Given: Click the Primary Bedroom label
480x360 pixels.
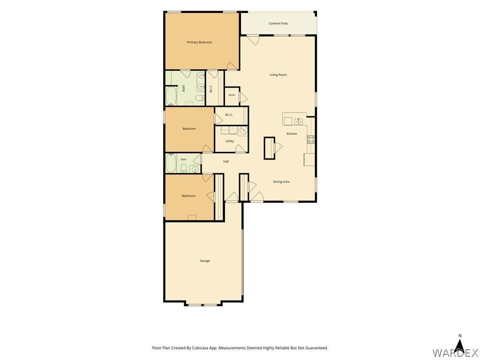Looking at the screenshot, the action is [199, 42].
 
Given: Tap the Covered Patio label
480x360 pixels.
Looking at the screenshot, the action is [278, 23].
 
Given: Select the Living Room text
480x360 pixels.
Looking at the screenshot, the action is [278, 75].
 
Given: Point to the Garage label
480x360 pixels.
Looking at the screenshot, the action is [205, 261].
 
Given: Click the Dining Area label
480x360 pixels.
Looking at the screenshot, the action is [281, 182].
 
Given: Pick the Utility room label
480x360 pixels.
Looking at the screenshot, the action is [230, 141].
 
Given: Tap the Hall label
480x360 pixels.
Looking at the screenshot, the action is [226, 161].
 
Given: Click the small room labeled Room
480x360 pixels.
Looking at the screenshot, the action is [232, 96].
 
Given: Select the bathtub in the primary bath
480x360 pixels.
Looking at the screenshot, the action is [171, 97].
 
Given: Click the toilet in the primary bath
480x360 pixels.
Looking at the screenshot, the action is [199, 98].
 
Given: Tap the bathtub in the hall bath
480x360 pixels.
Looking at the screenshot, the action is [171, 163].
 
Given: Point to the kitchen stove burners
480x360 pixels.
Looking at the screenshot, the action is [311, 140].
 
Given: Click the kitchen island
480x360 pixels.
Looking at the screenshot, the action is [270, 148].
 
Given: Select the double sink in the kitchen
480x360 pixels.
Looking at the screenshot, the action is [299, 121].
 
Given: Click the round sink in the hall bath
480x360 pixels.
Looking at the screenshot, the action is [194, 169].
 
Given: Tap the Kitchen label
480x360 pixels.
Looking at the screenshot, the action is [292, 134].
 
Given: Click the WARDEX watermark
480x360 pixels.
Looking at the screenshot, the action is [456, 352].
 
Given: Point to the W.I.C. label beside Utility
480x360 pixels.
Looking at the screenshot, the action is [229, 115].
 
